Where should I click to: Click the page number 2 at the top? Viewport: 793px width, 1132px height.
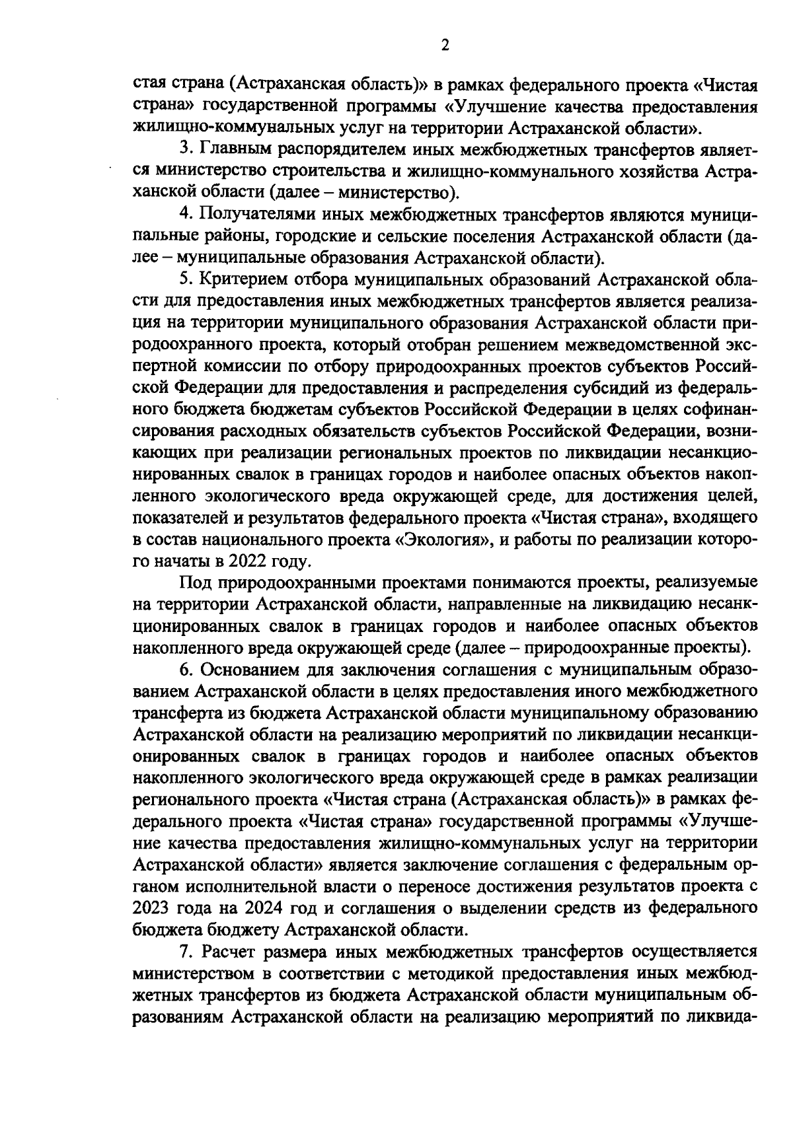click(x=444, y=45)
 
